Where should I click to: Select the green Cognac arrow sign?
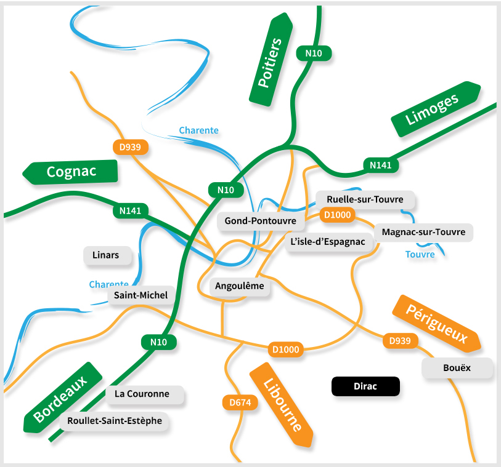point(71,172)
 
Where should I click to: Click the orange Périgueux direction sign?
point(436,324)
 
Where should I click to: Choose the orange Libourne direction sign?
point(283,405)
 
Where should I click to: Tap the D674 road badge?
point(240,403)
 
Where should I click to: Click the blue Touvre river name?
point(420,254)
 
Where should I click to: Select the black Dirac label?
point(365,386)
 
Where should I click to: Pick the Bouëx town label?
point(457,368)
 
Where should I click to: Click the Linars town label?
point(106,255)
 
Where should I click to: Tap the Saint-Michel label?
point(141,295)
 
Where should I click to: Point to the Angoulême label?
point(239,286)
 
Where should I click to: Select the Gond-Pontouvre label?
point(260,220)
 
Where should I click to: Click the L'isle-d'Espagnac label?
point(328,242)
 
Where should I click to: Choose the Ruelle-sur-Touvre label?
point(365,199)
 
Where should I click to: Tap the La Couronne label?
point(146,394)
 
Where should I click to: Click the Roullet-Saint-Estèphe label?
point(115,421)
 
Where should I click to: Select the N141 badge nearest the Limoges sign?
point(381,165)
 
